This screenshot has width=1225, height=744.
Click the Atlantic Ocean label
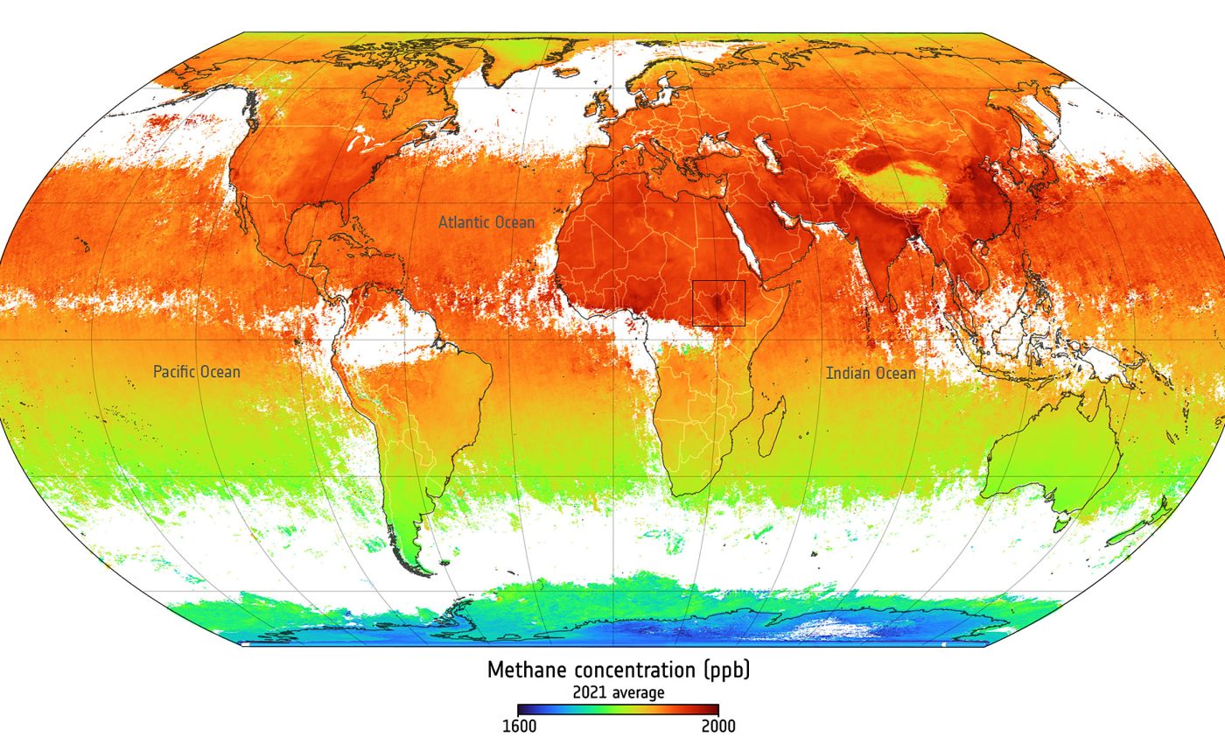(486, 222)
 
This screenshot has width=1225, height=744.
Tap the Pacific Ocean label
(197, 372)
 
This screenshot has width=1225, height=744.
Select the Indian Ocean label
(871, 374)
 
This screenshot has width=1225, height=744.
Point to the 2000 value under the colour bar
(717, 726)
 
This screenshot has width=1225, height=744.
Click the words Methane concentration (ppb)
(619, 670)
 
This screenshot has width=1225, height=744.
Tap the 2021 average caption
(619, 693)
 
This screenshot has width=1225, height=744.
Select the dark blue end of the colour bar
(522, 710)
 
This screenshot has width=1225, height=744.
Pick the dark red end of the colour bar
(714, 710)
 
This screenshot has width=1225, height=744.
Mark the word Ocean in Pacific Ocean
(219, 372)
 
